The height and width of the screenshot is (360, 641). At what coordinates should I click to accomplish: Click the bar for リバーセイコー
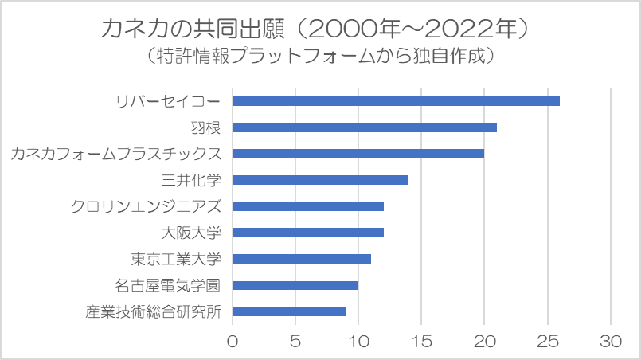click(396, 101)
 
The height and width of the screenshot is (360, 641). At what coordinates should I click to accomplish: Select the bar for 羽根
click(365, 127)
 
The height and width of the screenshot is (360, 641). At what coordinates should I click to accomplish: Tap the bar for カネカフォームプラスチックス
click(358, 154)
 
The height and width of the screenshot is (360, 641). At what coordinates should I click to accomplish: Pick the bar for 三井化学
click(320, 180)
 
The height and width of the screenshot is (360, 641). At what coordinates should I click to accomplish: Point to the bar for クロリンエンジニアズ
click(308, 206)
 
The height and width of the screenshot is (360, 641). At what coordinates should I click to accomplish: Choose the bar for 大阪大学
click(308, 233)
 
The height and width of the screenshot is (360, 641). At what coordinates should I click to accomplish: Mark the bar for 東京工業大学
click(302, 259)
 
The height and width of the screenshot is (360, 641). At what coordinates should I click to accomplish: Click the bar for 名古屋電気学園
click(295, 285)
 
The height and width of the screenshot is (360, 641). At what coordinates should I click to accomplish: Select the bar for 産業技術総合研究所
click(289, 311)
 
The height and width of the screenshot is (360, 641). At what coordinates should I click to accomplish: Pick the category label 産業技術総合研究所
click(154, 311)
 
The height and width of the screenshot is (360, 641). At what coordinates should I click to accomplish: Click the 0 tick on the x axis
click(233, 342)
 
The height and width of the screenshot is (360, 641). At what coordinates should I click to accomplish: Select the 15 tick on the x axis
click(421, 342)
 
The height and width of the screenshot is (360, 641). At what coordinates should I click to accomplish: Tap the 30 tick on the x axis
click(611, 342)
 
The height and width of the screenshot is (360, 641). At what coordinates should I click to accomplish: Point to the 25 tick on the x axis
click(548, 342)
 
